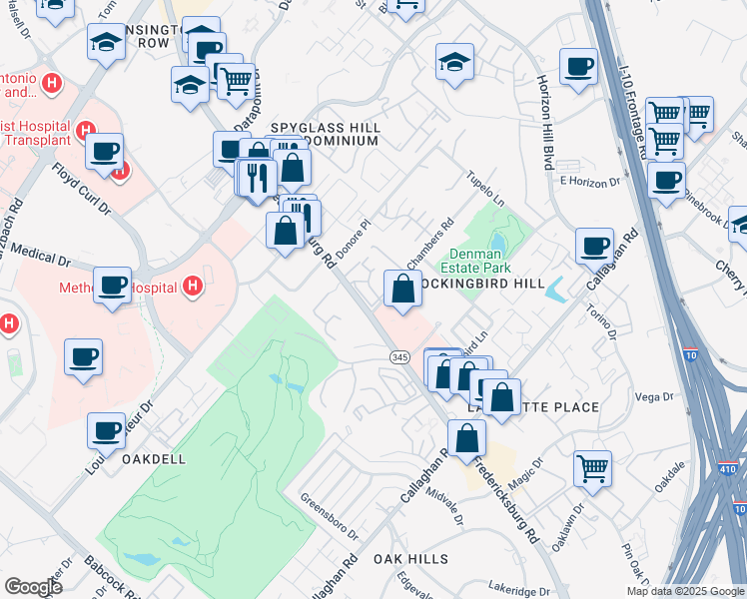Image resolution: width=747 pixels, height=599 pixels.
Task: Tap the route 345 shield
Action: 395,356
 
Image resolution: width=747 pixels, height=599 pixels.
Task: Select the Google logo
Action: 33,586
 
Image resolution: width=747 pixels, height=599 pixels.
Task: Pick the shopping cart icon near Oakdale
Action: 592,467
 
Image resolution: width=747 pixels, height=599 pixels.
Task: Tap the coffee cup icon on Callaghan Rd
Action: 595,245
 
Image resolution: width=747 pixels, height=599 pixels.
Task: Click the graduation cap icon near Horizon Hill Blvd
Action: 454,62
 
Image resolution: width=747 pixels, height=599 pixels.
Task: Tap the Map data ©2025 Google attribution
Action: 685,591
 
